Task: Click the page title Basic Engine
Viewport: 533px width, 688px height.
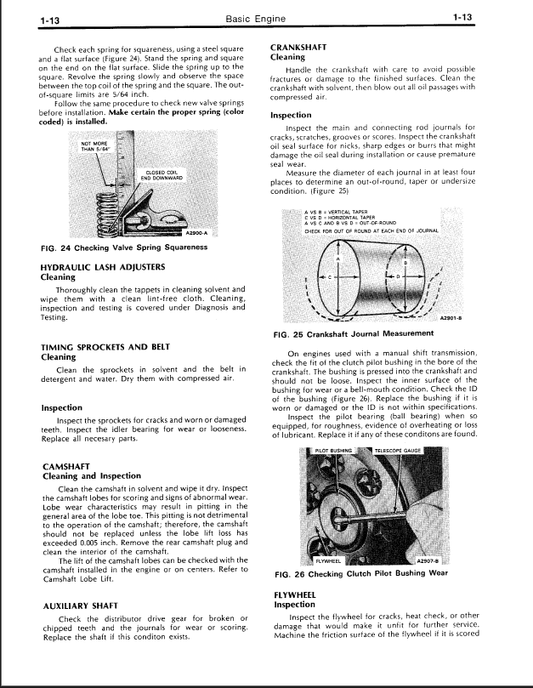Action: click(x=266, y=17)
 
